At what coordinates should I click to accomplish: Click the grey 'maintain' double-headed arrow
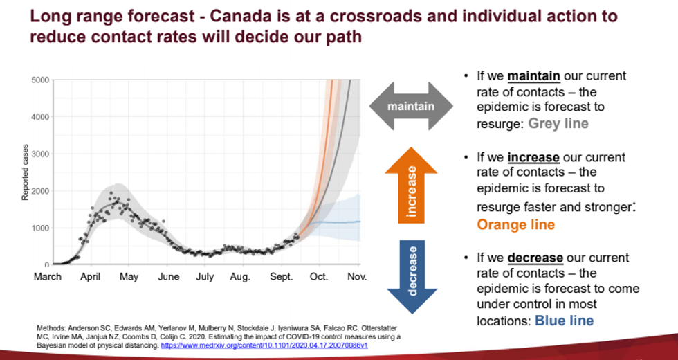[x=411, y=107]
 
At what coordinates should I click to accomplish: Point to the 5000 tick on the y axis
[x=39, y=80]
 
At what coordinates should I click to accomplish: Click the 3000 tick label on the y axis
[x=39, y=154]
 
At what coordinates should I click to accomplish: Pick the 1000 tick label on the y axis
[x=39, y=228]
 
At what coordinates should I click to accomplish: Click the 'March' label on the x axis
[x=48, y=277]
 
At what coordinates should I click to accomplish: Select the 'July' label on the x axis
[x=205, y=277]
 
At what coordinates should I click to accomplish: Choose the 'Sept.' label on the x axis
[x=281, y=277]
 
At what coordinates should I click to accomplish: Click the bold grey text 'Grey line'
[x=558, y=123]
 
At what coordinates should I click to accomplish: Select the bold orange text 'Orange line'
[x=515, y=224]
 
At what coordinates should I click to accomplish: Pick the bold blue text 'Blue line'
[x=564, y=321]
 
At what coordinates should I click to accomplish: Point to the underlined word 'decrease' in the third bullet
[x=535, y=258]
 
